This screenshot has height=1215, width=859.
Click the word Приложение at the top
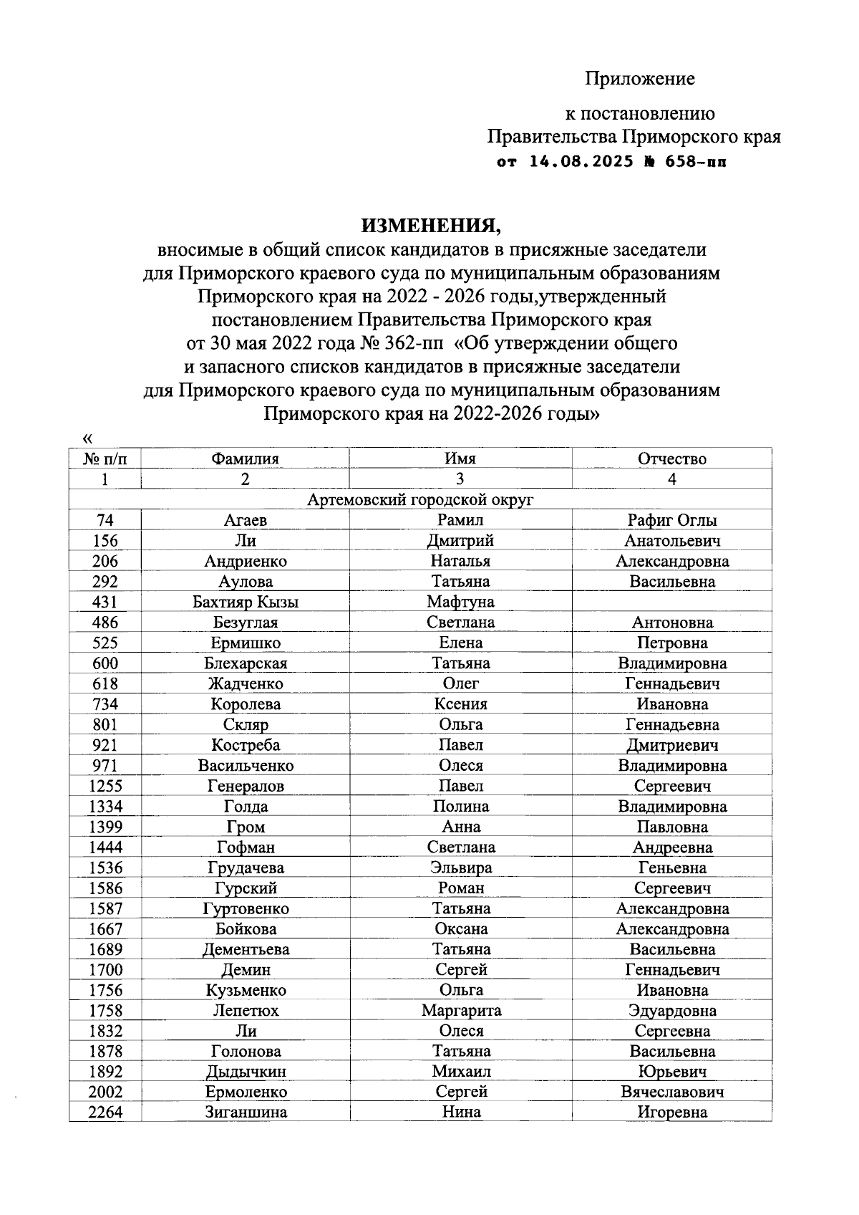(640, 78)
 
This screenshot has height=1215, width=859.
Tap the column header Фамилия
(245, 458)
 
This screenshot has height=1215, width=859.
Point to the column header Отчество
(671, 458)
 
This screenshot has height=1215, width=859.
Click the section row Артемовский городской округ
(420, 499)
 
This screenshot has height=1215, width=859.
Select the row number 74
(105, 520)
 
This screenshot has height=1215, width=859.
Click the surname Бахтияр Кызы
(245, 602)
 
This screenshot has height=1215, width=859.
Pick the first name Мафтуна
(460, 602)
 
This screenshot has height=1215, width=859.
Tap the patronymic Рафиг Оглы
(671, 520)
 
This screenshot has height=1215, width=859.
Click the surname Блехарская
(245, 663)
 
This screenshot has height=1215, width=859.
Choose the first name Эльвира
(460, 868)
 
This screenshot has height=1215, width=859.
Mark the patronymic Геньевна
(671, 868)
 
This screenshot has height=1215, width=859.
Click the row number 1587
(105, 908)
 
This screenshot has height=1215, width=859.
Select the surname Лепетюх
(245, 1011)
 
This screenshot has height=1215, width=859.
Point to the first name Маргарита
(460, 1011)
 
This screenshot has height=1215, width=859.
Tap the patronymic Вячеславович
(671, 1092)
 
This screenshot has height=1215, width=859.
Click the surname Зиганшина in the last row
(245, 1113)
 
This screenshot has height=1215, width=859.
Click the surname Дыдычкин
(245, 1072)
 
